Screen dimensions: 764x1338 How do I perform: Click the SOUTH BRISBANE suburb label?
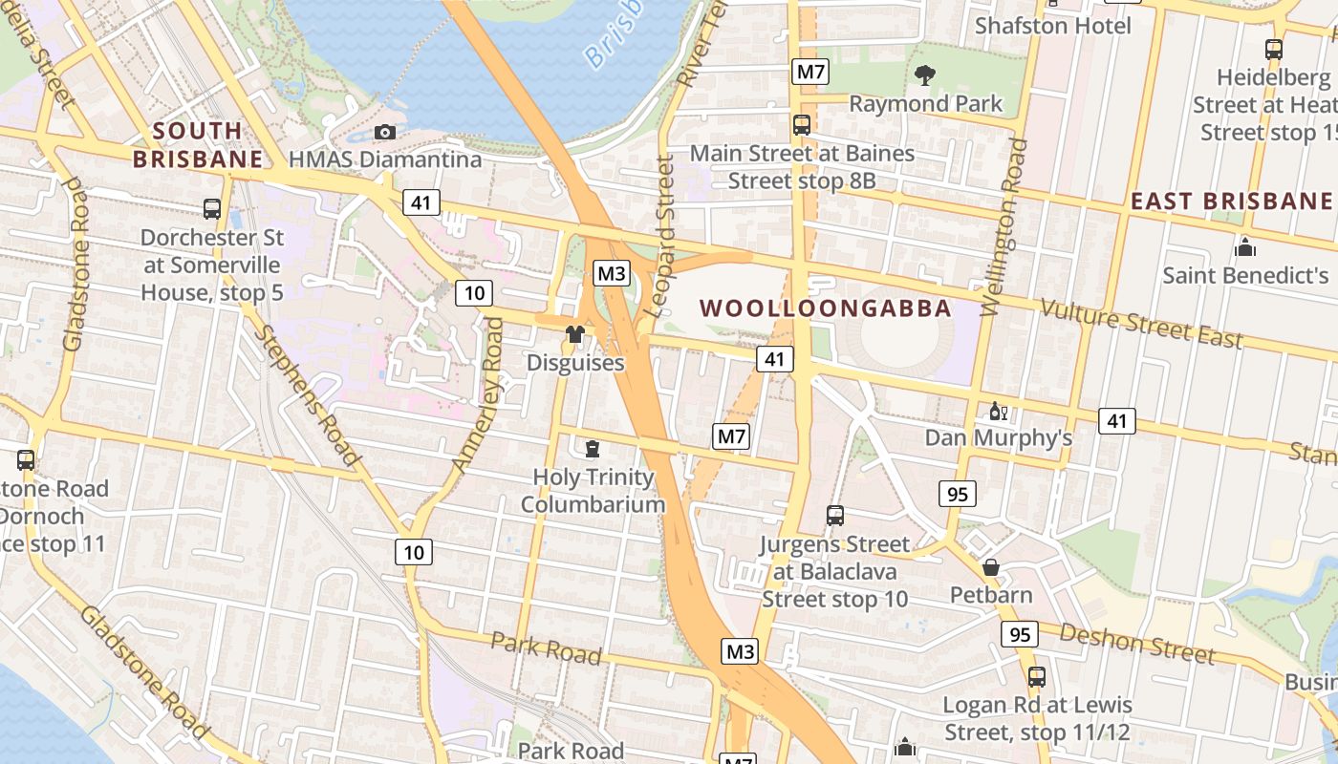click(x=197, y=144)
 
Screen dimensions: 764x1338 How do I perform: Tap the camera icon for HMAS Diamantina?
click(x=385, y=132)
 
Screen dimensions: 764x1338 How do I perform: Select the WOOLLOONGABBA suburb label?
click(x=826, y=308)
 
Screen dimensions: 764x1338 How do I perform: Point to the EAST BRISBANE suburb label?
click(x=1231, y=201)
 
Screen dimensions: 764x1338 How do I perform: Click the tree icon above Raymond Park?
click(x=924, y=74)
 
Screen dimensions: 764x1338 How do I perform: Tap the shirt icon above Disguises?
click(x=574, y=334)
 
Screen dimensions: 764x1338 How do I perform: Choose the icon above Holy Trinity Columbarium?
click(x=593, y=448)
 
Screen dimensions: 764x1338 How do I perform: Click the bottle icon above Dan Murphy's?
click(x=998, y=411)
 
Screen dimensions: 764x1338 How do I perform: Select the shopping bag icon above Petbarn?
click(x=991, y=567)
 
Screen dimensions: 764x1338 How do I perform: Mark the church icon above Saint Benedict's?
click(x=1244, y=247)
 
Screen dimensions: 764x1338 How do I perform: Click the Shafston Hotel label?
click(x=1052, y=26)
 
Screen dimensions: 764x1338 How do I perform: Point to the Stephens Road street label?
click(x=309, y=395)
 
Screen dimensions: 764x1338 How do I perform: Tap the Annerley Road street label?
click(x=477, y=395)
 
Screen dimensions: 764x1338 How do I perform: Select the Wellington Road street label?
click(x=1004, y=227)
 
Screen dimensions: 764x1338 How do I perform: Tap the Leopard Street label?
click(x=659, y=236)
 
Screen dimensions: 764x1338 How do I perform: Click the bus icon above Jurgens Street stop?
click(x=834, y=516)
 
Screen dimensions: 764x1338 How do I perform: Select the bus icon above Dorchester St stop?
click(x=212, y=208)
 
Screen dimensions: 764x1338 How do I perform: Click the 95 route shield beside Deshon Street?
click(x=1020, y=634)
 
